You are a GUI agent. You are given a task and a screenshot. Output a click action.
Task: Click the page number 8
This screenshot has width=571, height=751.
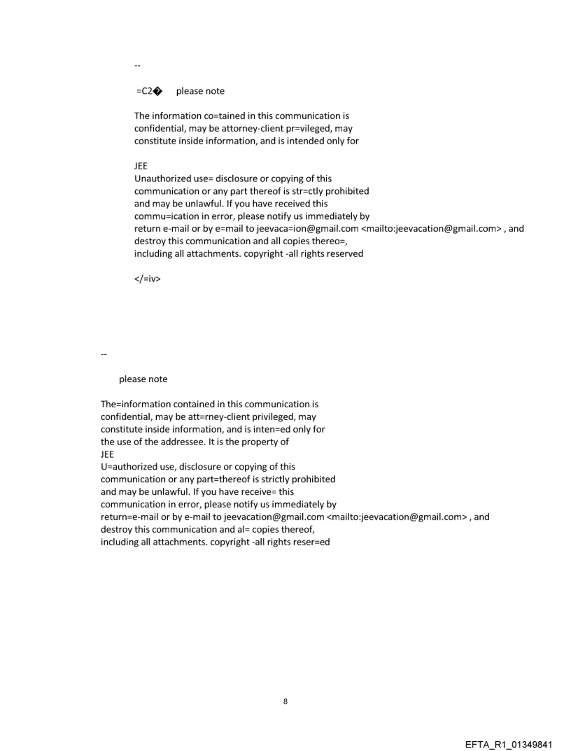coord(285,701)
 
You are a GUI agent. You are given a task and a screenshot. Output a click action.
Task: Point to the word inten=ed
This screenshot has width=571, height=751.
coord(267,429)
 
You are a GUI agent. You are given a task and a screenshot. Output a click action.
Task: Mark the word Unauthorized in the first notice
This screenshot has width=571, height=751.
coord(165,178)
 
